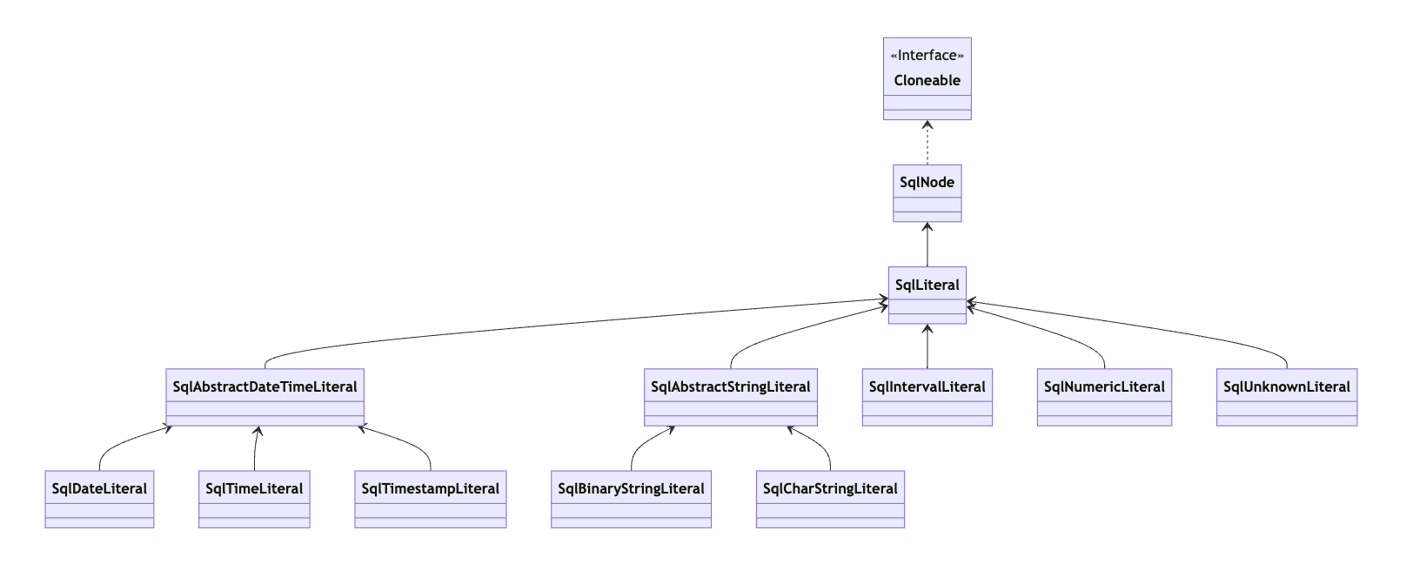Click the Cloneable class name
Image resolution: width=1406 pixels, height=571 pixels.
click(927, 80)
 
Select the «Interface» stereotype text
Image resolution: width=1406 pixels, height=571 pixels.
click(927, 55)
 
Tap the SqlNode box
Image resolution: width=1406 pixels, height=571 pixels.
click(927, 193)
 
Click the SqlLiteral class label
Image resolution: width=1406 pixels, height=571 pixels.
click(927, 285)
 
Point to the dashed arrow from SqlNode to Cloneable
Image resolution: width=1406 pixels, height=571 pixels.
click(927, 144)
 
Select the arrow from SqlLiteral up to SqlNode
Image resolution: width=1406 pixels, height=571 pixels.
click(927, 245)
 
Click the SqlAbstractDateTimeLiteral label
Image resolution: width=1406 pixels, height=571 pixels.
click(264, 386)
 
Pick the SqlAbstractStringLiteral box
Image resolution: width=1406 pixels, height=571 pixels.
click(730, 398)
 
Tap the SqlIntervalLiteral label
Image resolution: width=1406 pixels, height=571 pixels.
click(927, 386)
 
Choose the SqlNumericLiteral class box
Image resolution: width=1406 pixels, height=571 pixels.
click(1104, 398)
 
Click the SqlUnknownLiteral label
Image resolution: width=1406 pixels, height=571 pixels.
click(1286, 386)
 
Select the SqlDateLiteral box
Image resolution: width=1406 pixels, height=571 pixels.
click(99, 500)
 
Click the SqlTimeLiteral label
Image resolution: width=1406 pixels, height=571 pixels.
click(254, 488)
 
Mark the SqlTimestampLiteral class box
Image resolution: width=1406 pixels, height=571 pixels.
click(430, 500)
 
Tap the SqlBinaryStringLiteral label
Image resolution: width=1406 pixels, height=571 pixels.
click(631, 488)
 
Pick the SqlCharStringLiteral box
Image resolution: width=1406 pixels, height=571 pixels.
click(830, 500)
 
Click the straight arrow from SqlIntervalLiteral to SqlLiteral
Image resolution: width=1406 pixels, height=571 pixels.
click(927, 348)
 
